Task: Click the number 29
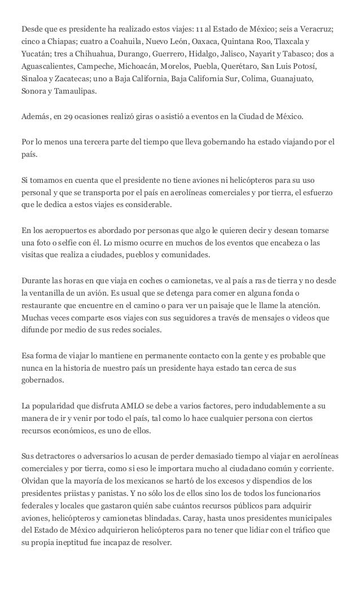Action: coord(69,118)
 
